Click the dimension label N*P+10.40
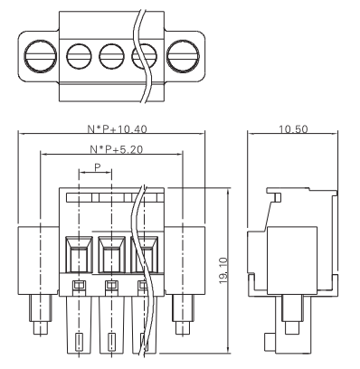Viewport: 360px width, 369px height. (117, 129)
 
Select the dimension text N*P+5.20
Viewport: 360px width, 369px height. (117, 149)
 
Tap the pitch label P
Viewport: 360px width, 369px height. (97, 167)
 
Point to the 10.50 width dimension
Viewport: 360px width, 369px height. (293, 129)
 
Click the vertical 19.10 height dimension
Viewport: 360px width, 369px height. (223, 270)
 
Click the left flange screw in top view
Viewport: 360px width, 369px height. (41, 57)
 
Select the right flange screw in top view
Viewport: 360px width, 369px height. (183, 57)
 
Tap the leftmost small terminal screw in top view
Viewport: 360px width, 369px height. (79, 57)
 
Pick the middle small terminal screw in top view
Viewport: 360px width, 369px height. (111, 57)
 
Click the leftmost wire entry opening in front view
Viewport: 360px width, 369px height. (79, 255)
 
